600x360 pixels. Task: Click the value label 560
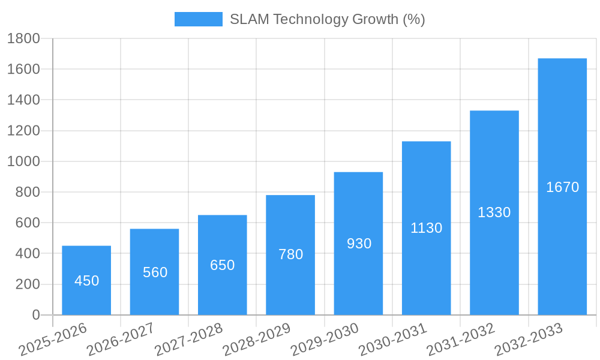pyautogui.click(x=155, y=272)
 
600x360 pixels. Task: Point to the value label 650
pyautogui.click(x=223, y=265)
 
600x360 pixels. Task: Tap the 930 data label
pyautogui.click(x=359, y=244)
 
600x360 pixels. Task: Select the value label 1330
pyautogui.click(x=494, y=212)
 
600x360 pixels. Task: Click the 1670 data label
pyautogui.click(x=562, y=187)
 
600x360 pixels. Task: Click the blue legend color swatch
pyautogui.click(x=198, y=19)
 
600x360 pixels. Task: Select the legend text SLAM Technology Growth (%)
pyautogui.click(x=328, y=19)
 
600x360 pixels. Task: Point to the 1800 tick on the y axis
pyautogui.click(x=23, y=39)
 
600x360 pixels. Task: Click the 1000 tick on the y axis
pyautogui.click(x=23, y=161)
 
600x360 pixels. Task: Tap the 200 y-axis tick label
pyautogui.click(x=27, y=284)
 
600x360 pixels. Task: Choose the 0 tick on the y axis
pyautogui.click(x=36, y=315)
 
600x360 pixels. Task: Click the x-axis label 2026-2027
pyautogui.click(x=121, y=339)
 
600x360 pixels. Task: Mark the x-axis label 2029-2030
pyautogui.click(x=325, y=339)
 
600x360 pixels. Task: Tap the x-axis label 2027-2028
pyautogui.click(x=188, y=339)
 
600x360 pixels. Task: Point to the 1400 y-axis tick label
pyautogui.click(x=23, y=100)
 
